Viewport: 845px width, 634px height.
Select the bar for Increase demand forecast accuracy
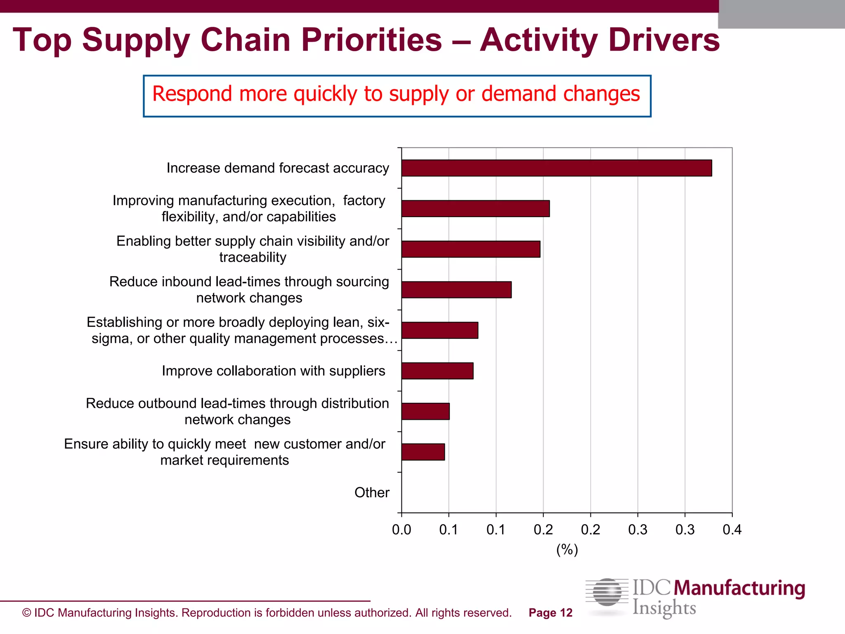point(556,168)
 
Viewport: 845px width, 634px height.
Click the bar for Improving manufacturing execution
point(475,208)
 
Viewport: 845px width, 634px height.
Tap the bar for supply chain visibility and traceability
point(470,249)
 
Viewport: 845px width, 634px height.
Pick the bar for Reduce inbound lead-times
point(456,289)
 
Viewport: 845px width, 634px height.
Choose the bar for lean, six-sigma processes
point(439,330)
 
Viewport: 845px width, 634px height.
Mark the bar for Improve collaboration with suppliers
point(437,371)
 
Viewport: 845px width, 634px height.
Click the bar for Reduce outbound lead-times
point(425,411)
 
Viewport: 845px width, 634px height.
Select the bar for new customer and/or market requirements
point(423,452)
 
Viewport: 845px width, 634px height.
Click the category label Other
point(372,492)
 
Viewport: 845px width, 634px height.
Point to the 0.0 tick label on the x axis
point(401,530)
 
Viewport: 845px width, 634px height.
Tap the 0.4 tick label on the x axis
point(732,530)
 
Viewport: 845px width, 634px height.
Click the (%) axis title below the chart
point(567,549)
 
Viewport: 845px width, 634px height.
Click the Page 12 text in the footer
point(550,613)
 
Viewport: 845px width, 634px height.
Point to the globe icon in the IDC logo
point(607,593)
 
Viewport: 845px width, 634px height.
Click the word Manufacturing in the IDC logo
point(739,588)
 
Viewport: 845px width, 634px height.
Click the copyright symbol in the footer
point(26,613)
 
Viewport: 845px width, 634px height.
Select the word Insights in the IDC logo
point(664,608)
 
